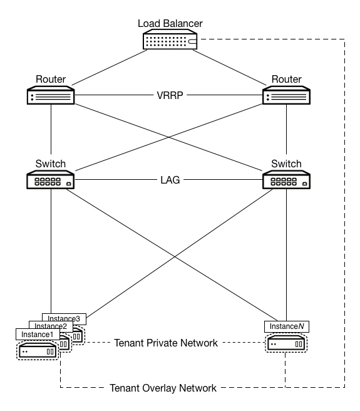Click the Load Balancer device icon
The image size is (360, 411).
pos(169,41)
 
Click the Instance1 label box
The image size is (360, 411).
pos(38,335)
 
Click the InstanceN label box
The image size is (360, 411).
pos(287,326)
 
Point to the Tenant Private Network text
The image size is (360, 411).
pos(166,343)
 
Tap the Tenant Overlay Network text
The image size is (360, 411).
pos(163,388)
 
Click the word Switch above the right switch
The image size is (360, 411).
pos(287,164)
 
